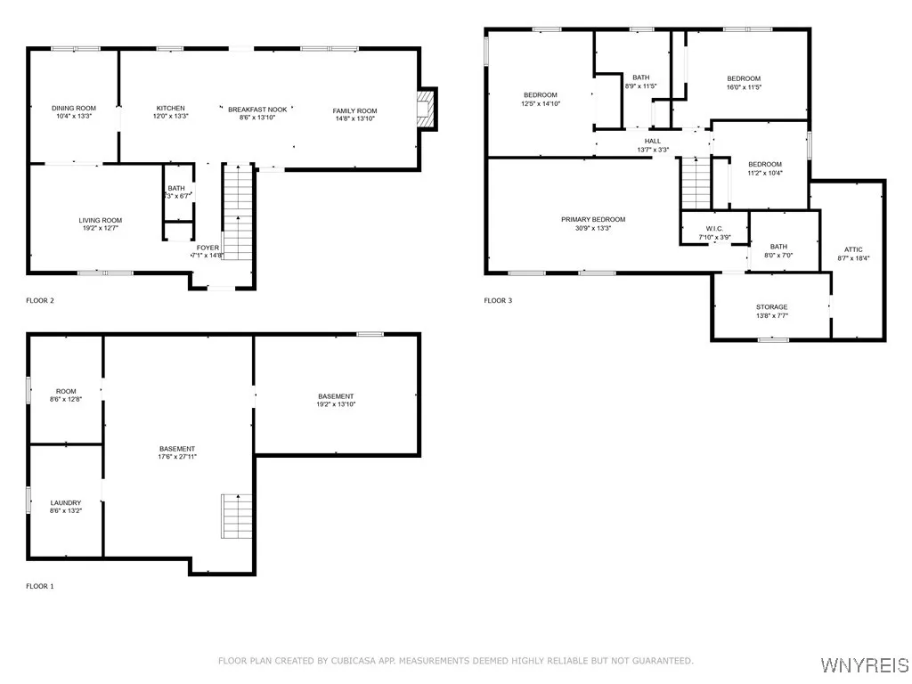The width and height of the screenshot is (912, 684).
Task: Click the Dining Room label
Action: [x=74, y=108]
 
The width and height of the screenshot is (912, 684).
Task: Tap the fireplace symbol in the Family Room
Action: [x=425, y=109]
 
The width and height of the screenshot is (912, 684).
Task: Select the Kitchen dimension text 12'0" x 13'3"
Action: [x=170, y=117]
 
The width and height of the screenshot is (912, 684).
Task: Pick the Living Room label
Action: [x=100, y=220]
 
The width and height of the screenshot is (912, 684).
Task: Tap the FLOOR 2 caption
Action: [x=40, y=301]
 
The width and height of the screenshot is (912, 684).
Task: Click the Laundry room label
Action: [x=66, y=502]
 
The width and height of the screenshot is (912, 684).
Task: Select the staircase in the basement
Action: [x=237, y=516]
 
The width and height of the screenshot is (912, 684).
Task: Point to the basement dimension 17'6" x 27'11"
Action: [x=177, y=457]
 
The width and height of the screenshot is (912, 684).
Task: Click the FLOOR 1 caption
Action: [x=40, y=586]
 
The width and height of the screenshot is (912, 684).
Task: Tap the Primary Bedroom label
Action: [x=593, y=219]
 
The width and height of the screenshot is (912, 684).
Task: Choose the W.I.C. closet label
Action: [x=714, y=229]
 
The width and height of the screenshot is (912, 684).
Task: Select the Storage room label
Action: [x=771, y=307]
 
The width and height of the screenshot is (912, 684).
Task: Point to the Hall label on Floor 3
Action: [x=653, y=141]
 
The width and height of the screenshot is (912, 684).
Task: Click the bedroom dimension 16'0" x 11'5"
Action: [x=743, y=87]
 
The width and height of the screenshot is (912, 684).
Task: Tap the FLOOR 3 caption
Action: [x=498, y=301]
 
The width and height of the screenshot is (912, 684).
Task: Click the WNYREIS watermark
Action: [x=864, y=665]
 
